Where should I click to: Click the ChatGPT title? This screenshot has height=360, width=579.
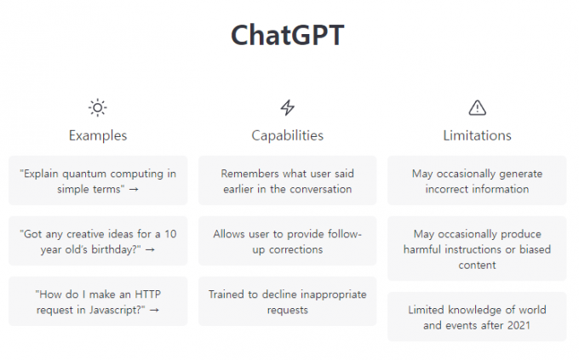point(287,35)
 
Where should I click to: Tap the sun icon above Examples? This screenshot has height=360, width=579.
point(97,108)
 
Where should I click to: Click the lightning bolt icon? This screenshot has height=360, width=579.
point(287,108)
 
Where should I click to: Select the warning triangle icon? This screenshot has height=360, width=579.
point(477,108)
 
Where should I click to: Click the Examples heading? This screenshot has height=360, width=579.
point(98,135)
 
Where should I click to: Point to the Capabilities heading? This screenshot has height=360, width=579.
point(287,135)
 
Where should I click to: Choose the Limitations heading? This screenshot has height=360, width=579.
point(477,135)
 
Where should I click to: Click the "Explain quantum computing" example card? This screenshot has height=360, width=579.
point(98,180)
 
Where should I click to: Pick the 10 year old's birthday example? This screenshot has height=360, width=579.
point(98,241)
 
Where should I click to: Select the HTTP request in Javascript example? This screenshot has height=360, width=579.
point(98,301)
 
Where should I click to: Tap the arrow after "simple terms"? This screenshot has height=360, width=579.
point(134,190)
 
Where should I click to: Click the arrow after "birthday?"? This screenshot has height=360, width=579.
point(150,250)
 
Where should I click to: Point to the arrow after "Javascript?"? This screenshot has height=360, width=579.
point(154,310)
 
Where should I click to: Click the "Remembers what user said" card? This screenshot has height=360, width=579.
point(287,180)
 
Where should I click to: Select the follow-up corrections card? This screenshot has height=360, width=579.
point(287,241)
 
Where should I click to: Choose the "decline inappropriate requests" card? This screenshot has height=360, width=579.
point(287,301)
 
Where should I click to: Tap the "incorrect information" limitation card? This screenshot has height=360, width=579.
point(477,180)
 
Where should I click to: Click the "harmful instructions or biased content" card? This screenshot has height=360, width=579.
point(477,249)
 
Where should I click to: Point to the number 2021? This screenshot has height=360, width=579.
point(519,325)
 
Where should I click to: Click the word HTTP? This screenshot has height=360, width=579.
point(147,294)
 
